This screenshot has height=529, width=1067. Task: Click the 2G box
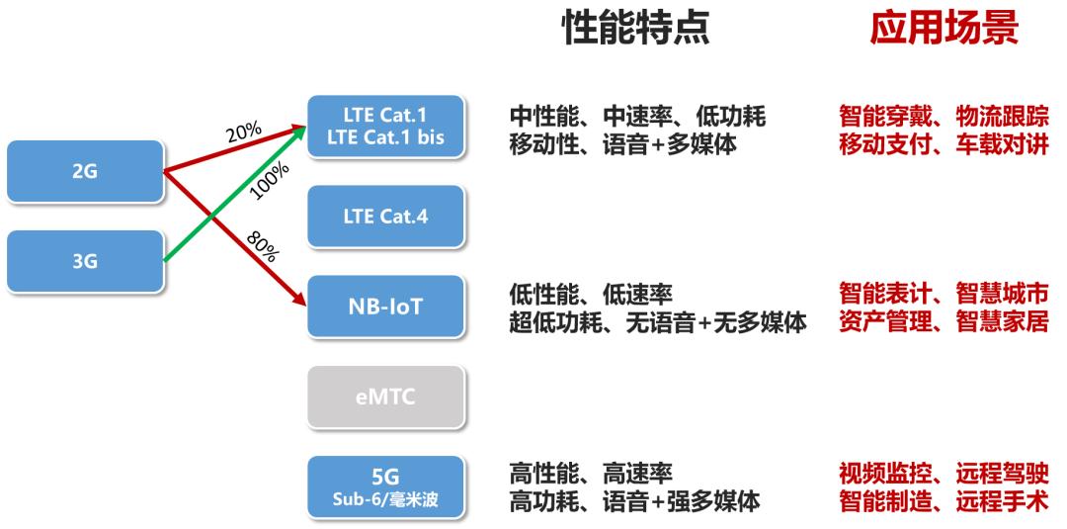click(x=85, y=172)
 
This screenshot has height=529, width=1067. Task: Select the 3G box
click(x=85, y=261)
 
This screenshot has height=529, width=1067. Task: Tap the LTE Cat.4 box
click(x=386, y=217)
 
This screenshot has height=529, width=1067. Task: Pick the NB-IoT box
click(x=386, y=307)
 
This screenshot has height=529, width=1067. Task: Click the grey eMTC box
click(x=386, y=397)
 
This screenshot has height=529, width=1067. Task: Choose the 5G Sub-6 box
click(x=386, y=486)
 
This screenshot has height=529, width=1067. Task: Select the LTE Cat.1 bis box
click(x=386, y=127)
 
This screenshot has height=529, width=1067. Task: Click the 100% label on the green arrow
click(x=270, y=180)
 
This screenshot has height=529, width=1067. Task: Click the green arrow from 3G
click(x=235, y=194)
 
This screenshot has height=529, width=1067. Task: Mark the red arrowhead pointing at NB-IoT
click(x=298, y=299)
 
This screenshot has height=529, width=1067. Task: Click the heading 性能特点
click(x=635, y=29)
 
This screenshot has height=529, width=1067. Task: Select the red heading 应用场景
click(x=944, y=29)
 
